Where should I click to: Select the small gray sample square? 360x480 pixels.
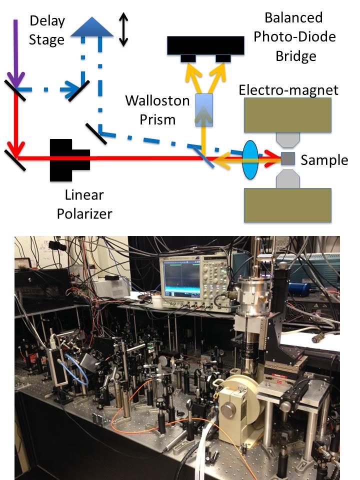(287, 158)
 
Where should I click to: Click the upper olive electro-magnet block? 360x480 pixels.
(287, 115)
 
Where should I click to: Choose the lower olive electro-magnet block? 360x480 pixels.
(287, 205)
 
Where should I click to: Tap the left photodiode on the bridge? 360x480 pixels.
(188, 59)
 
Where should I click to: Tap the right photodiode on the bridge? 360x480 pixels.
(223, 59)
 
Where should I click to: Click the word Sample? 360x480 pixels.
(324, 160)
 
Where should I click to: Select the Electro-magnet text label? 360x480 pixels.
(288, 90)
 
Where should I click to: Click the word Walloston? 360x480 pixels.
(157, 101)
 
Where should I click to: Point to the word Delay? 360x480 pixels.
(47, 21)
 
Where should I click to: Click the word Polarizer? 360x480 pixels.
(84, 214)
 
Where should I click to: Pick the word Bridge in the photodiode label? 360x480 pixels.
(296, 55)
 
